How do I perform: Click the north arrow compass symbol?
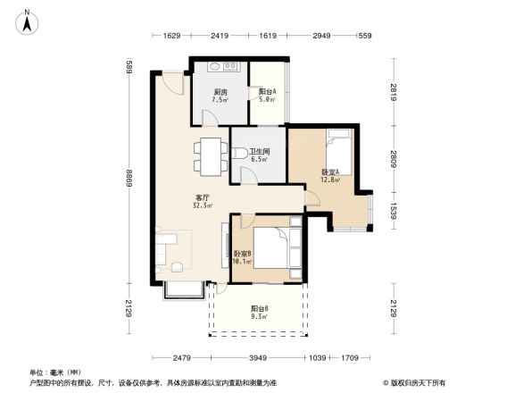pyautogui.click(x=28, y=21)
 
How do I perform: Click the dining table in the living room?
pyautogui.click(x=210, y=157)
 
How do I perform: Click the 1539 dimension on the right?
pyautogui.click(x=393, y=214)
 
